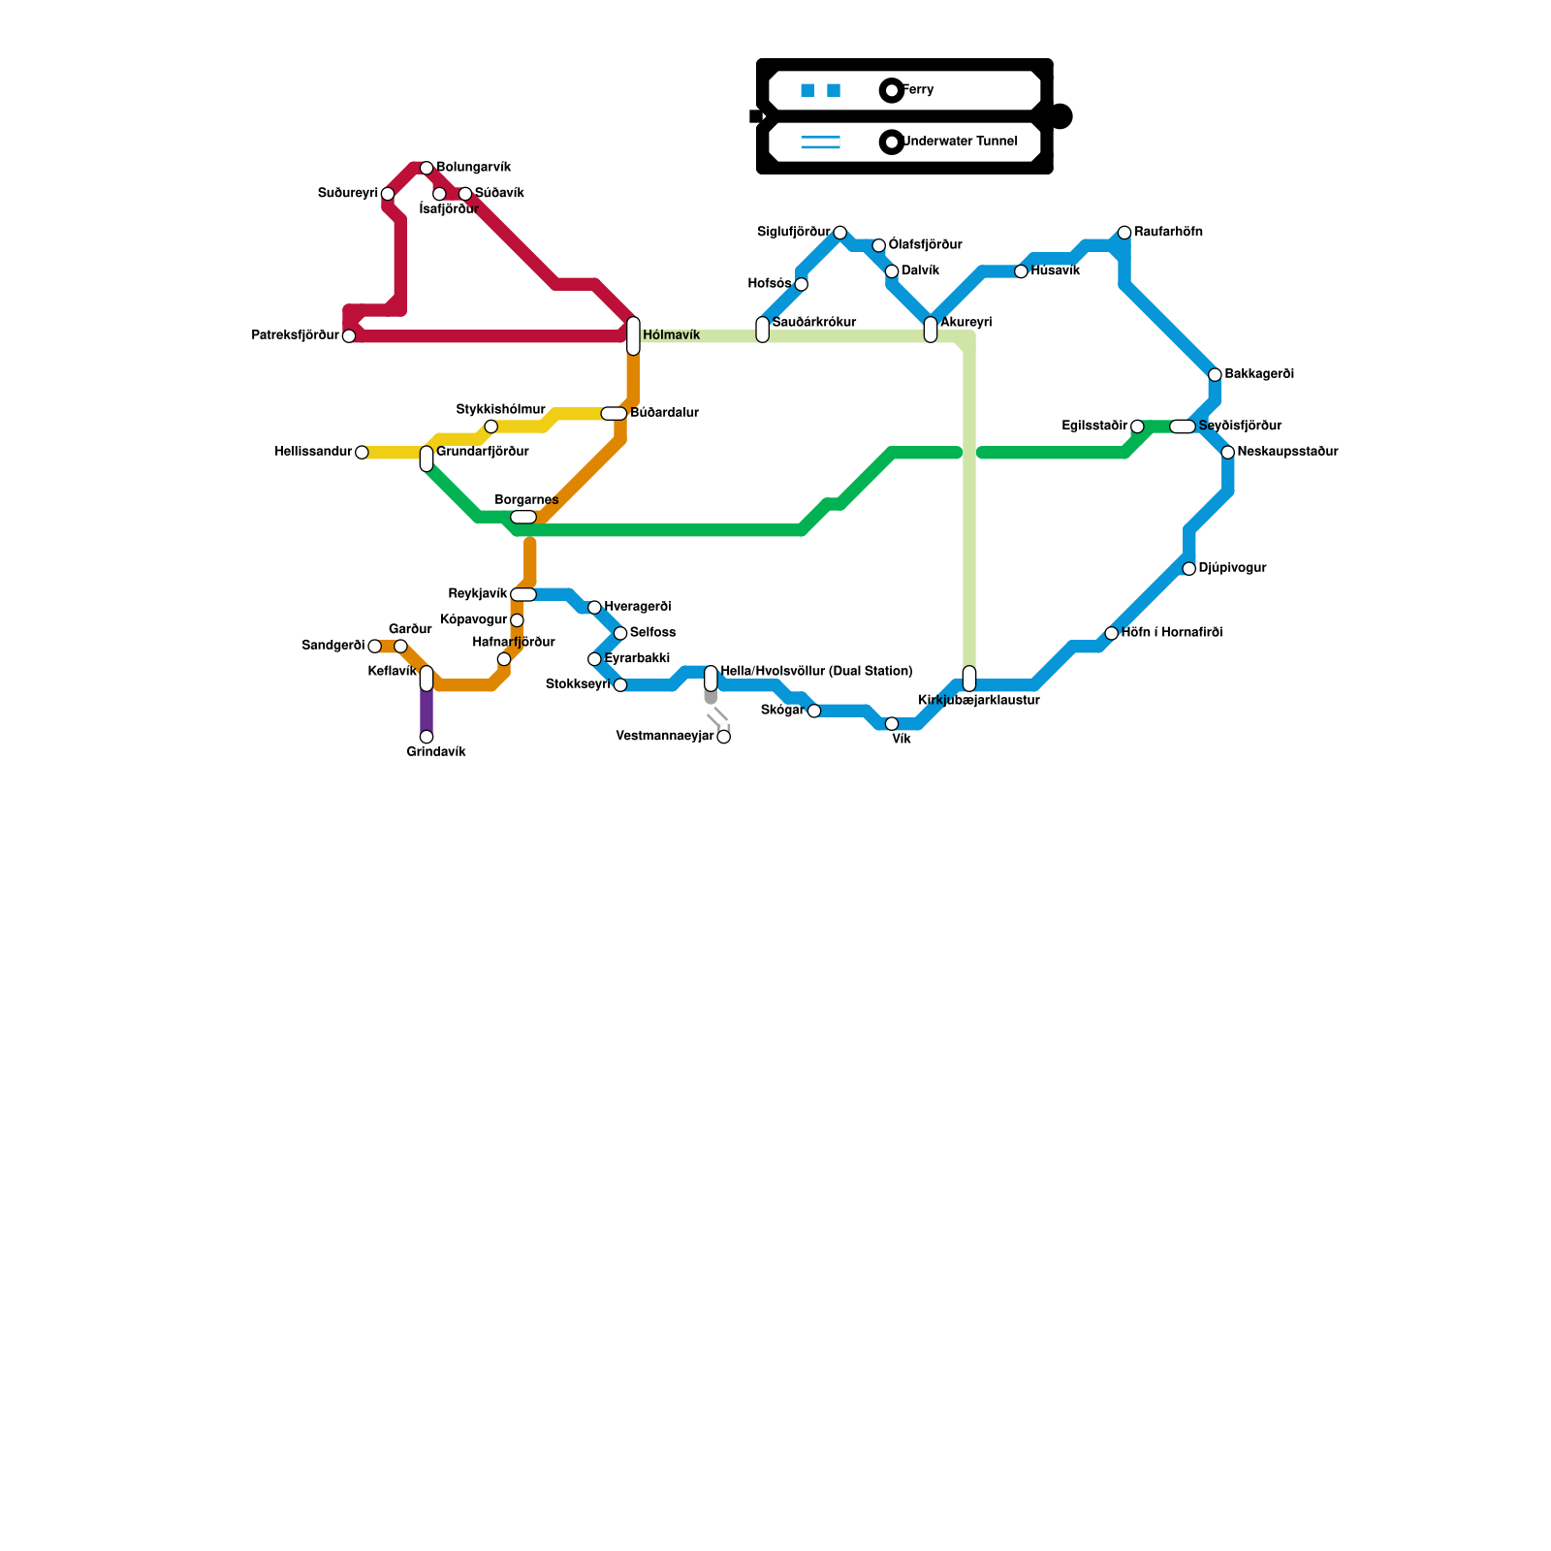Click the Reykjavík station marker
(x=523, y=594)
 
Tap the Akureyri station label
(x=965, y=323)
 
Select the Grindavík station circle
(x=427, y=737)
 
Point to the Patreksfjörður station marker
(x=349, y=336)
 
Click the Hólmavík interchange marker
(x=633, y=335)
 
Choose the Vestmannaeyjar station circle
(x=723, y=737)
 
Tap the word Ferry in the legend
(x=918, y=90)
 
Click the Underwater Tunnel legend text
(x=960, y=142)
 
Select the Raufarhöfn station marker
(x=1124, y=233)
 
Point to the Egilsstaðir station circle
(x=1137, y=427)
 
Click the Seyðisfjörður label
(x=1240, y=427)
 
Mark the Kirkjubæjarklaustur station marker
(x=969, y=679)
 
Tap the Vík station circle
(x=892, y=724)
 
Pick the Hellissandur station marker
(x=362, y=453)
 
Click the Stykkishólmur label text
(x=500, y=410)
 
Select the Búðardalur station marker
(x=614, y=414)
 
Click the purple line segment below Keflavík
(x=427, y=712)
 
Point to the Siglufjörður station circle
(x=840, y=233)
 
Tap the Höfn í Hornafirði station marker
(x=1111, y=633)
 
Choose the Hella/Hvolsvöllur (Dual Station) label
(x=816, y=672)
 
